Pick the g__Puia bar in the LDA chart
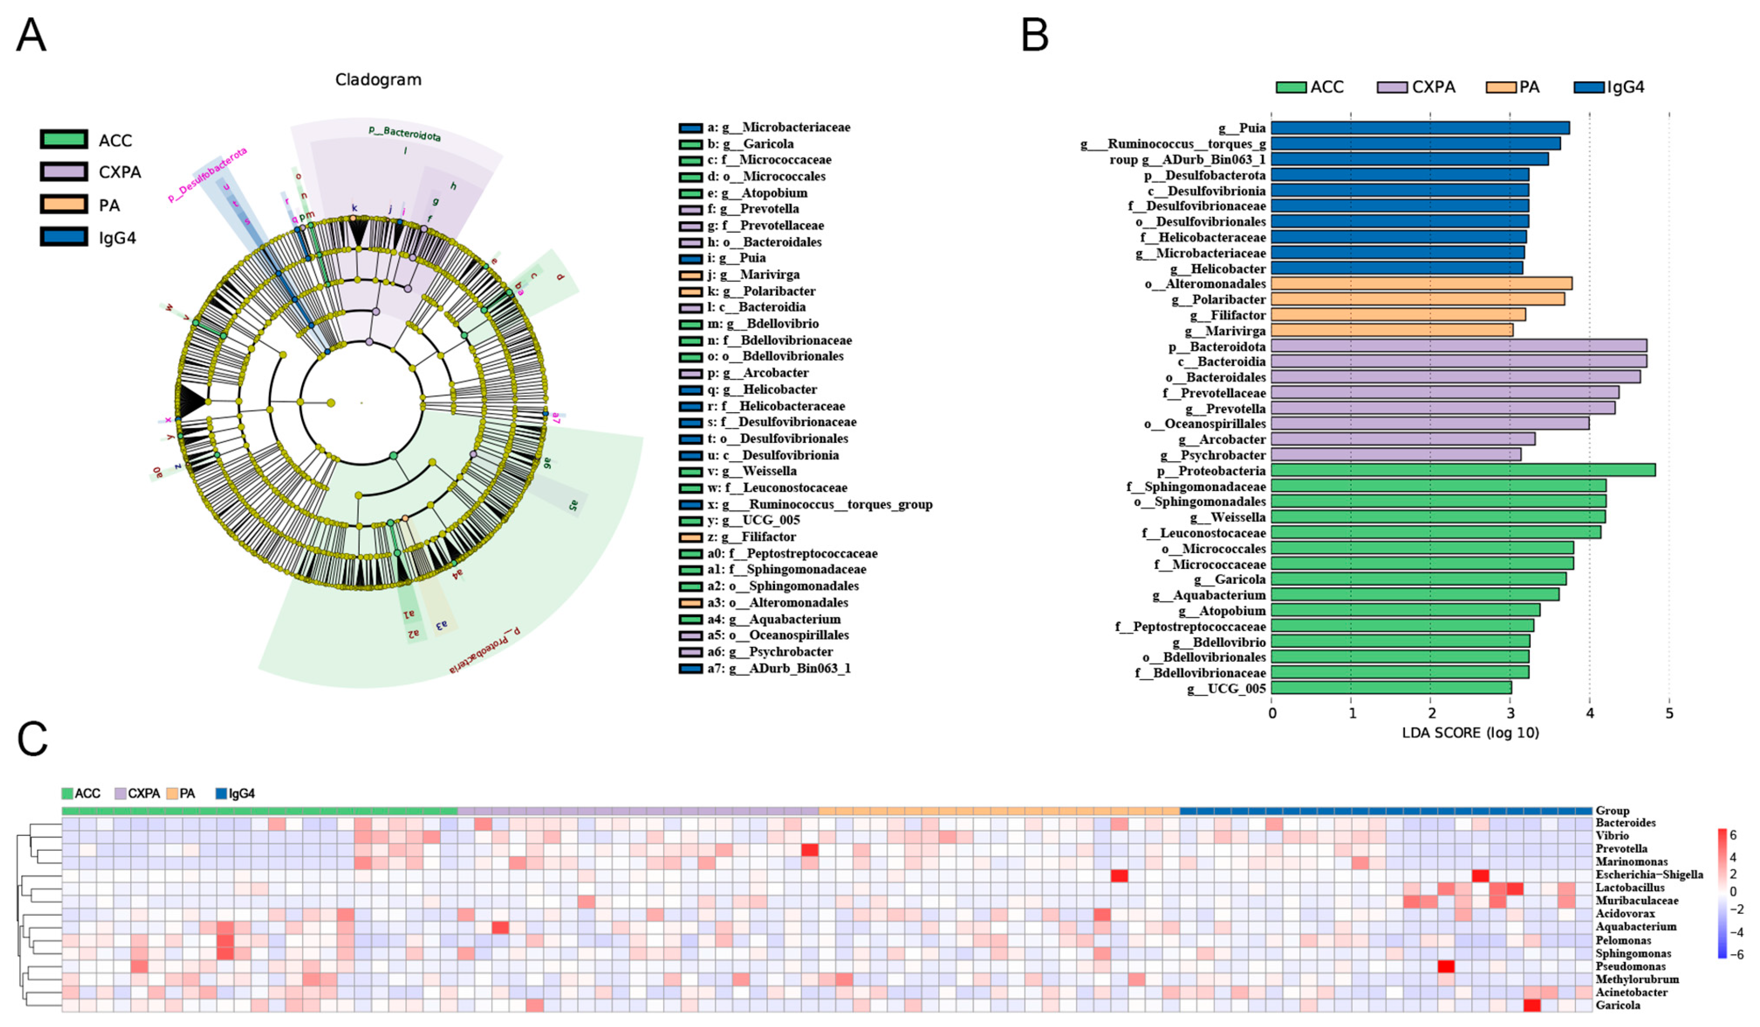point(1420,128)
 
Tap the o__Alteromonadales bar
point(1421,284)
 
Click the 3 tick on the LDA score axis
point(1510,713)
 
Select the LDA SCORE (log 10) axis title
point(1470,733)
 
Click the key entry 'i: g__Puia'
point(737,258)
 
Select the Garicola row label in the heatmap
point(1618,1005)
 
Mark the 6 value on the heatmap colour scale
point(1733,835)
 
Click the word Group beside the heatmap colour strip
point(1612,810)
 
